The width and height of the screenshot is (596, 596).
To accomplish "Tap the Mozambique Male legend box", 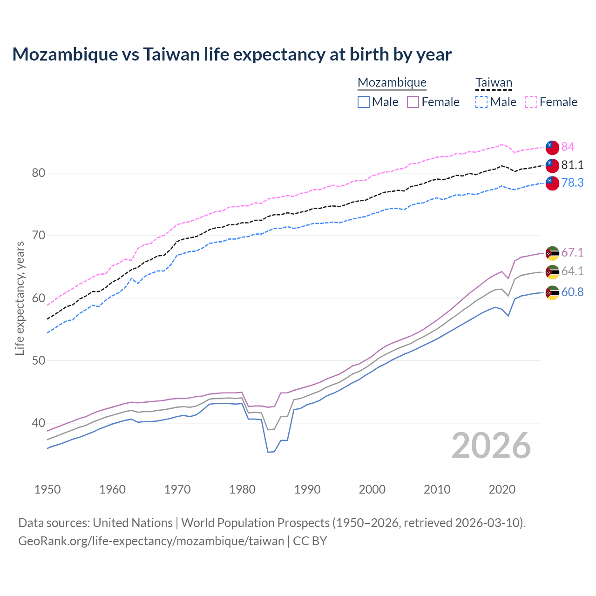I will [364, 102].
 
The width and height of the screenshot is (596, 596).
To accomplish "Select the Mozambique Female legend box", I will [413, 102].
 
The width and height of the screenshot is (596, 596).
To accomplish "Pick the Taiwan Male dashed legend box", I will [481, 102].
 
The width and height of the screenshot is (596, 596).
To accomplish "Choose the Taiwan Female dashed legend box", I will [531, 102].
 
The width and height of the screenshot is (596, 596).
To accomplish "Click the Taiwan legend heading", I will [494, 83].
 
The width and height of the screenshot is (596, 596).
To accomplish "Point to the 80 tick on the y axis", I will [38, 173].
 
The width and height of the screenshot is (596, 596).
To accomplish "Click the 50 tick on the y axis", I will [38, 361].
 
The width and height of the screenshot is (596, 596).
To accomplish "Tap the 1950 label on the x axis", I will [47, 489].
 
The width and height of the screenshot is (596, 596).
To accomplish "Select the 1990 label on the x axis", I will [307, 489].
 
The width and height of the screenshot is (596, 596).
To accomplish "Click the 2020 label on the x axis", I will [502, 489].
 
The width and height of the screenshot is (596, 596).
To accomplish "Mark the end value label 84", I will [568, 147].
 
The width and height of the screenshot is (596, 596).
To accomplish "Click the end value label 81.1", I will [572, 165].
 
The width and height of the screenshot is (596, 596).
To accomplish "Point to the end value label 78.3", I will [572, 183].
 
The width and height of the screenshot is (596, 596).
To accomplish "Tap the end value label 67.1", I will [572, 253].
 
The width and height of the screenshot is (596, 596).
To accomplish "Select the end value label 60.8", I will [572, 292].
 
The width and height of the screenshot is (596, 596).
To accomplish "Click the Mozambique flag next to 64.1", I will [552, 272].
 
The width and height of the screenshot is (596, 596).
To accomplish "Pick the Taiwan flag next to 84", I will [552, 148].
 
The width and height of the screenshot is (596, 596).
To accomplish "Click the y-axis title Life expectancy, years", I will [20, 298].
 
